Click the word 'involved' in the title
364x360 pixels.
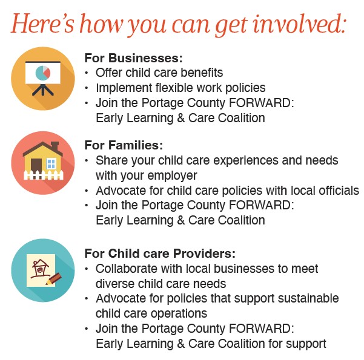tap(299, 24)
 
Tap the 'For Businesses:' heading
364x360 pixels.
tap(133, 58)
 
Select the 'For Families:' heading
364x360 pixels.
tap(124, 145)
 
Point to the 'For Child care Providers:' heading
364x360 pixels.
tap(160, 254)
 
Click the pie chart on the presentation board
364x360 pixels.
tap(43, 73)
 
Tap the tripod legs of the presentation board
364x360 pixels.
tap(43, 90)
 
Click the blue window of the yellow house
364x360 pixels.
tap(51, 163)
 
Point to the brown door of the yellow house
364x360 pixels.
tap(36, 165)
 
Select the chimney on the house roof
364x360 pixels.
tap(55, 146)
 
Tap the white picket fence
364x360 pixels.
tap(44, 175)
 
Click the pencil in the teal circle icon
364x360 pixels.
tap(54, 278)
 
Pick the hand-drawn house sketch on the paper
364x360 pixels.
tap(40, 269)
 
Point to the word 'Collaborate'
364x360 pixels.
tap(127, 269)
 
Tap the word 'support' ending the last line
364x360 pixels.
tap(306, 344)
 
